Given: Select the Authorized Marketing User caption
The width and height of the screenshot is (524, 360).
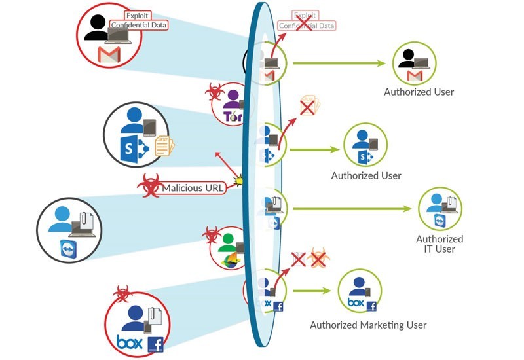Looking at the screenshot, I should [x=368, y=325].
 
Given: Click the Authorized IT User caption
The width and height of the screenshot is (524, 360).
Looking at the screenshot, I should [x=440, y=243].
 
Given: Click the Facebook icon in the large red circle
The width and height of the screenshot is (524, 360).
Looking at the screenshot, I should [x=156, y=344].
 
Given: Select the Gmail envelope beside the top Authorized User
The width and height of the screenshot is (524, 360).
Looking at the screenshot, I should [x=413, y=78].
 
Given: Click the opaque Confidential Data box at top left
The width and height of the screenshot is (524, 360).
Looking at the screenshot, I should [x=139, y=25].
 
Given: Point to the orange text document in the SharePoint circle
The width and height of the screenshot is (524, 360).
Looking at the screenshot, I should [x=164, y=145].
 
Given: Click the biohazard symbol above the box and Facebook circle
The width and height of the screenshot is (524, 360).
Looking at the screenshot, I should [x=122, y=292].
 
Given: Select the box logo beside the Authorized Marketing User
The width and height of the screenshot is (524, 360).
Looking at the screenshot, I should [x=356, y=304].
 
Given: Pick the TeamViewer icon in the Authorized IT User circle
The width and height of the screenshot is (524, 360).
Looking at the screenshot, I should [x=441, y=221].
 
